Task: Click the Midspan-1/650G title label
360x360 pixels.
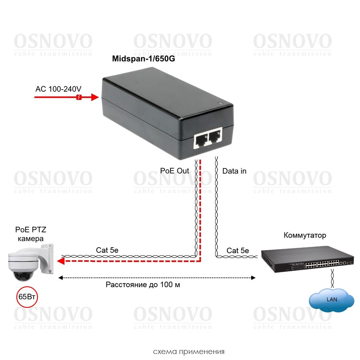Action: coord(144,59)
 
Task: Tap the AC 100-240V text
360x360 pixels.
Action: coord(58,88)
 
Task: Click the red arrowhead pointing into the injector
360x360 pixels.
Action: coord(94,97)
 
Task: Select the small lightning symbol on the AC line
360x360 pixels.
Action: coord(79,97)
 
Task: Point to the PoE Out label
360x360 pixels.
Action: coord(174,171)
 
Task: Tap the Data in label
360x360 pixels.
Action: coord(234,171)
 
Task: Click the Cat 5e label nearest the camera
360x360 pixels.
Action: coord(107,250)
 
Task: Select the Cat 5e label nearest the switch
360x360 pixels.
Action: coord(238,250)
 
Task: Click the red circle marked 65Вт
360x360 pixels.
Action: coord(26,296)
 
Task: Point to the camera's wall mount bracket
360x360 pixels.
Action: coord(48,258)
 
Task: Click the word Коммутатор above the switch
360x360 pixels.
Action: coord(305,235)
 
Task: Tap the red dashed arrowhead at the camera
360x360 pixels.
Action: coord(61,261)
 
